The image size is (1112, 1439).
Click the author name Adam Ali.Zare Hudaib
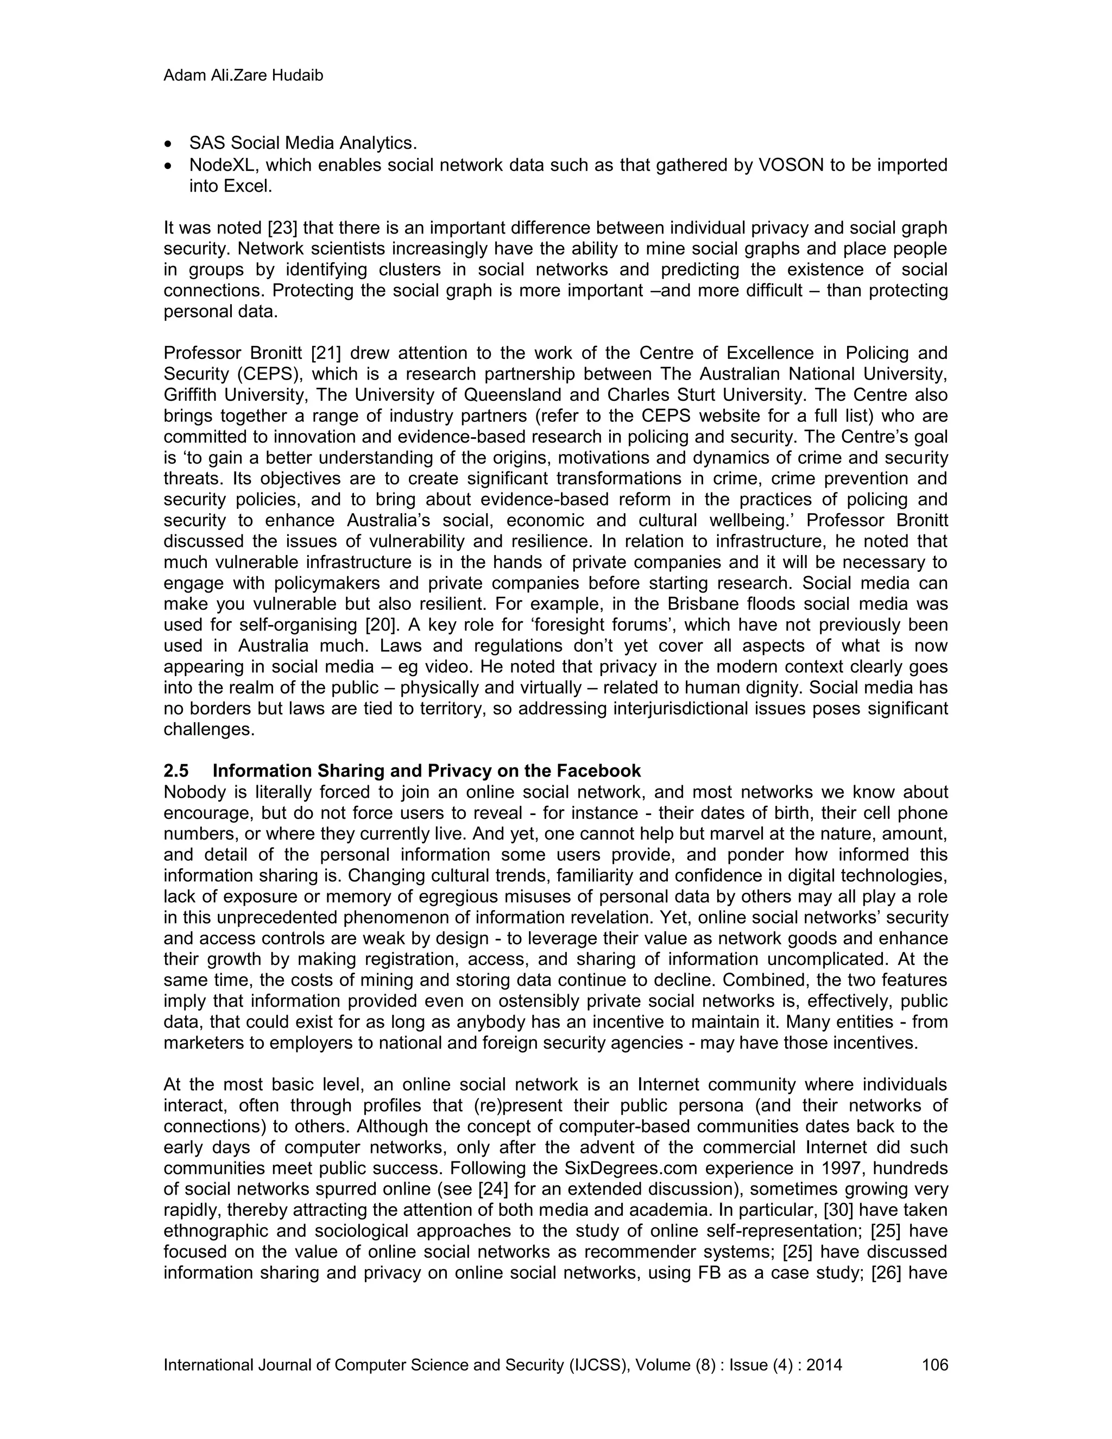pyautogui.click(x=243, y=76)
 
